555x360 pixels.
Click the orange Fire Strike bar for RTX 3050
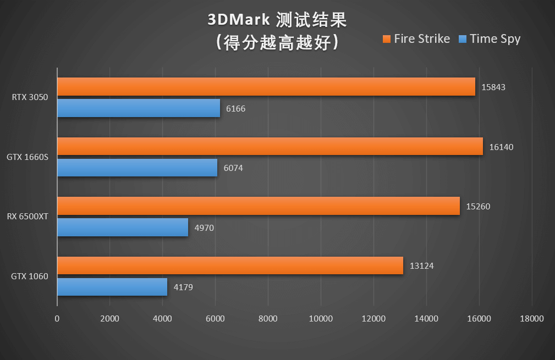tap(266, 87)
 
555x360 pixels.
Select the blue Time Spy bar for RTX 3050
tap(139, 108)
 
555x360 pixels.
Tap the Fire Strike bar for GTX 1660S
tap(270, 146)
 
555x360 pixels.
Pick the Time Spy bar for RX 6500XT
tap(123, 228)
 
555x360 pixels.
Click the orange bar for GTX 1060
tap(230, 265)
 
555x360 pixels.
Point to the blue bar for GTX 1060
tap(112, 287)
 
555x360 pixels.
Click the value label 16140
tap(501, 147)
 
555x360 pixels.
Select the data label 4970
tap(205, 228)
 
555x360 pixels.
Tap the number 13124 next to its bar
tap(422, 266)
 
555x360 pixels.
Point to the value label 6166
tap(236, 109)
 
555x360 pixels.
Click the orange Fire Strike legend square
tap(386, 39)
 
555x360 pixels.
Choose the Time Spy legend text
tap(495, 39)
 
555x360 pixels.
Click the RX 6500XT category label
tap(28, 217)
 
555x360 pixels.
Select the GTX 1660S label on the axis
tap(28, 157)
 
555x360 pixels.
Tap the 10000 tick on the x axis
tap(321, 319)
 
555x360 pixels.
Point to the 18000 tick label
tap(531, 319)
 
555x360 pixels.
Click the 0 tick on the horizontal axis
tap(57, 319)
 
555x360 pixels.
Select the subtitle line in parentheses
tap(277, 42)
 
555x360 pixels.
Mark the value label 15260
tap(477, 207)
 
